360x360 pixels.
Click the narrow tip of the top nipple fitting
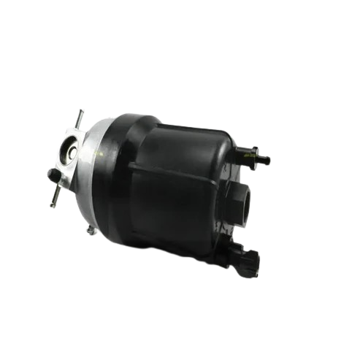coord(267,158)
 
